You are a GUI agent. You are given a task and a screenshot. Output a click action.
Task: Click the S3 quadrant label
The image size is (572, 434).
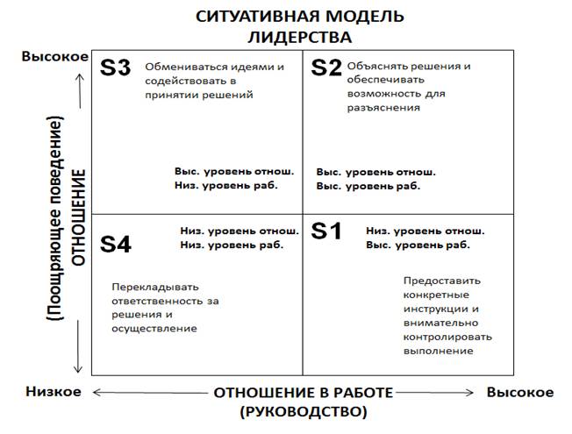(x=115, y=68)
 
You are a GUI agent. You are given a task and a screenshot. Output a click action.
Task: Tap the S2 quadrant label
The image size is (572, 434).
(x=326, y=68)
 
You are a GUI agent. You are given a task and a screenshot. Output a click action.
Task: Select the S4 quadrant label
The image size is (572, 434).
(x=116, y=245)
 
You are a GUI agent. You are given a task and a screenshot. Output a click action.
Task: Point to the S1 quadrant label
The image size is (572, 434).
(x=326, y=231)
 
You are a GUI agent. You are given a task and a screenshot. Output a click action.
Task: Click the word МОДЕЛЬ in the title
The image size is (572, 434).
(x=364, y=17)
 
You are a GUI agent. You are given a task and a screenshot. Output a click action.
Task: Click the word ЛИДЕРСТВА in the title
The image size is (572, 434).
(x=300, y=37)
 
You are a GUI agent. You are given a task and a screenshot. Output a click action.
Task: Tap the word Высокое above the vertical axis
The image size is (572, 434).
(x=55, y=56)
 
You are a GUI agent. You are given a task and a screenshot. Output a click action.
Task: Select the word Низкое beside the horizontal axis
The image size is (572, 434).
(x=54, y=392)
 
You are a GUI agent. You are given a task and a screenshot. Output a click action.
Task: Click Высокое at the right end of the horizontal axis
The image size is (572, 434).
(x=520, y=393)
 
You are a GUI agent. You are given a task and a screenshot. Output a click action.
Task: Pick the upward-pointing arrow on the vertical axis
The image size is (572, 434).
(x=80, y=91)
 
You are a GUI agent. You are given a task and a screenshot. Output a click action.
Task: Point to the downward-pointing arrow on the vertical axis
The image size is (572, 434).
(x=78, y=347)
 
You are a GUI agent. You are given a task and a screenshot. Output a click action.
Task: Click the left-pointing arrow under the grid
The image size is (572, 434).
(x=150, y=393)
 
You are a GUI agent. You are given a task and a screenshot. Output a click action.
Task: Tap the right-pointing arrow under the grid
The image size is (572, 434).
(x=434, y=393)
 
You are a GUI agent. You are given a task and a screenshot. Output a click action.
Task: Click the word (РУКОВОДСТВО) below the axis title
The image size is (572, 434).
(x=304, y=412)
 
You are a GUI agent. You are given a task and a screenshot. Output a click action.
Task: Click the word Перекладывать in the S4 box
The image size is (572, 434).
(x=155, y=287)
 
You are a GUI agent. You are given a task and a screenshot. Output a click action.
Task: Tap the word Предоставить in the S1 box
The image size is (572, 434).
(x=442, y=281)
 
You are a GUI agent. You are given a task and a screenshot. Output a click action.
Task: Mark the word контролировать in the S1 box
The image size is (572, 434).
(x=447, y=337)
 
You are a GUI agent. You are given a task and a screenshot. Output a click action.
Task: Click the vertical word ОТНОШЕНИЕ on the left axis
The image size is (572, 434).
(x=78, y=217)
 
